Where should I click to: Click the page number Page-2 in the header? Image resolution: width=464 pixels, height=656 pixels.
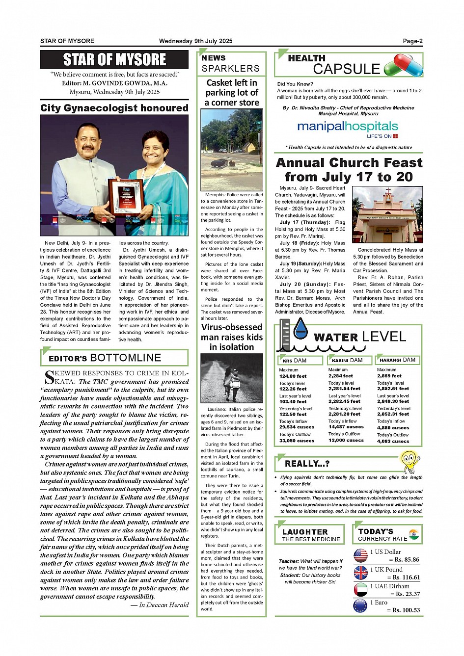(412, 41)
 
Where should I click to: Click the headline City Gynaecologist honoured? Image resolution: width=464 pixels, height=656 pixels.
(114, 108)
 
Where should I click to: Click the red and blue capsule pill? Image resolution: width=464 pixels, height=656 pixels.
(404, 65)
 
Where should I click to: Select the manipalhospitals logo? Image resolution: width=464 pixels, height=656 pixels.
(348, 128)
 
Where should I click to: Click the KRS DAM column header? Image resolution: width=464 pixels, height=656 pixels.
(295, 361)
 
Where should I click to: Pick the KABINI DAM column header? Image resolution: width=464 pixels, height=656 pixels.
(347, 361)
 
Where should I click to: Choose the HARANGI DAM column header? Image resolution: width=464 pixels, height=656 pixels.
(397, 360)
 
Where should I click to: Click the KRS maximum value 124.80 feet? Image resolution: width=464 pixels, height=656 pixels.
(293, 376)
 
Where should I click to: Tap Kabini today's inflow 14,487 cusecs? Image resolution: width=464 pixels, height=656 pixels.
(346, 427)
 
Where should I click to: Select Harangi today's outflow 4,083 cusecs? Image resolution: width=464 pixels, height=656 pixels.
(393, 441)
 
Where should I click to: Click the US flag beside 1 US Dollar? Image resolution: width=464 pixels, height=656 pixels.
(360, 555)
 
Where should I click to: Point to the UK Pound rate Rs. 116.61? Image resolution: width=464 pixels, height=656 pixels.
(403, 577)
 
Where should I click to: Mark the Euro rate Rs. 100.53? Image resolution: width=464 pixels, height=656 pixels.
(403, 610)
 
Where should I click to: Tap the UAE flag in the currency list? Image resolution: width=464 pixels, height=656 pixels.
(360, 589)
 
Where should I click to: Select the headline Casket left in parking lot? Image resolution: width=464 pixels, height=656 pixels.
(232, 93)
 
